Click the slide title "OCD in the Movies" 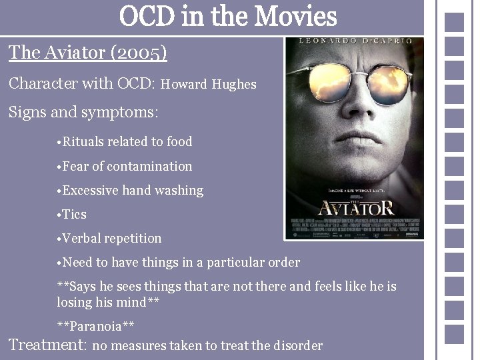coord(228,16)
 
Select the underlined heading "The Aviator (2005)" coord(87,52)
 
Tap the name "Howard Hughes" coord(209,85)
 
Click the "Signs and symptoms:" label coord(83,112)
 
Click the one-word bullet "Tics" coord(74,215)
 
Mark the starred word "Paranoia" coord(96,326)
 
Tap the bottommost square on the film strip coord(454,332)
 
